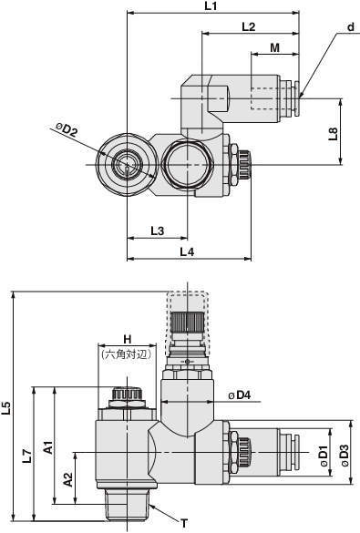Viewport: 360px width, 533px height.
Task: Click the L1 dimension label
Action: [x=211, y=6]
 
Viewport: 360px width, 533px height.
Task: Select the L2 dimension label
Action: [x=249, y=26]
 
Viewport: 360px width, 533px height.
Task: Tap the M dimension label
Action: [x=274, y=47]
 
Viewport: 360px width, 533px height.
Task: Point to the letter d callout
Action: [x=351, y=27]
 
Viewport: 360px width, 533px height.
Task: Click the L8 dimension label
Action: [x=334, y=134]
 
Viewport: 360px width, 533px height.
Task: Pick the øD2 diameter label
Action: [x=67, y=130]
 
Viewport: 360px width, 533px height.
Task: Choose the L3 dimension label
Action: [x=157, y=231]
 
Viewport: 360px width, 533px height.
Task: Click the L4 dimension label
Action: [x=187, y=251]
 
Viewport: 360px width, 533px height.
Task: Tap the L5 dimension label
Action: [x=6, y=408]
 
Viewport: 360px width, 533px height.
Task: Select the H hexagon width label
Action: [x=127, y=339]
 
